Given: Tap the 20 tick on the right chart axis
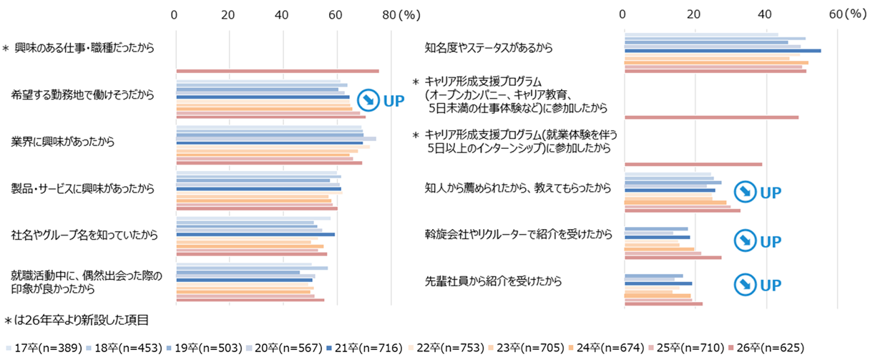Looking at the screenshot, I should (x=695, y=14).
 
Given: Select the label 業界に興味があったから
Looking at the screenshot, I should (x=63, y=142).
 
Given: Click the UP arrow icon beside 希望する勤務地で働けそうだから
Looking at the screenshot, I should (x=367, y=99).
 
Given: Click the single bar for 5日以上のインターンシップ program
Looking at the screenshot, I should (x=693, y=165).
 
